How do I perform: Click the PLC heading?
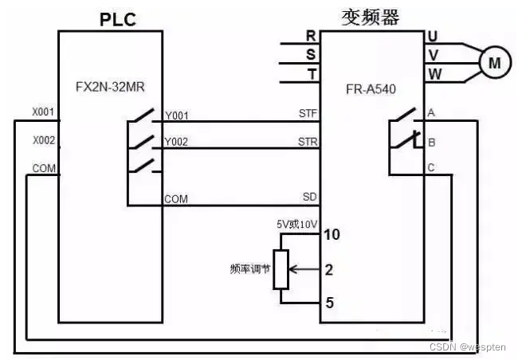click(x=117, y=19)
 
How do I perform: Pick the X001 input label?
click(x=43, y=112)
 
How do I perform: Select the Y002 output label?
click(x=176, y=143)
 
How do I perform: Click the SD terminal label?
click(x=310, y=196)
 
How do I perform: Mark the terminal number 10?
click(x=331, y=235)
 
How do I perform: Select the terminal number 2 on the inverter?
click(x=329, y=269)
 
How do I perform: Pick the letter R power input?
click(x=310, y=35)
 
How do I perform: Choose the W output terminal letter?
click(x=434, y=73)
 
